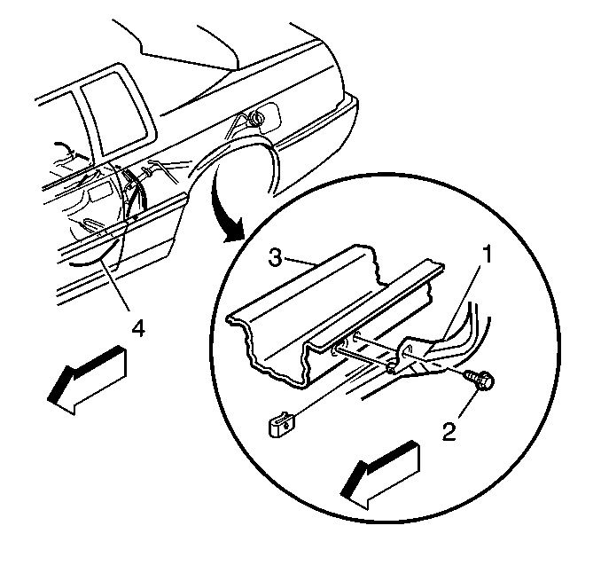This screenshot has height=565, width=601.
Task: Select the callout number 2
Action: [449, 431]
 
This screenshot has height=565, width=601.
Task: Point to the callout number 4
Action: [138, 328]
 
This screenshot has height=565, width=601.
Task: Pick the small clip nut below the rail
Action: [282, 423]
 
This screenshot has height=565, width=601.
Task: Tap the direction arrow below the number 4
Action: [86, 380]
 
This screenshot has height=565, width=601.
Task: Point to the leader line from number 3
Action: [300, 262]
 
